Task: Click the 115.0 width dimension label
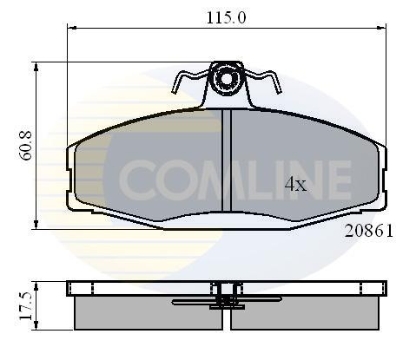[226, 17]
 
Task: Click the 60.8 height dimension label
[25, 146]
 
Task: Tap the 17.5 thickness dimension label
[25, 306]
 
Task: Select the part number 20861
[369, 231]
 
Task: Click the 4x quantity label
[295, 184]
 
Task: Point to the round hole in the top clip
[226, 78]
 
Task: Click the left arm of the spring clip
[189, 81]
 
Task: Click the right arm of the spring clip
[262, 81]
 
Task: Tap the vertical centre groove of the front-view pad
[227, 160]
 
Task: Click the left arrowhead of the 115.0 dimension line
[71, 28]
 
